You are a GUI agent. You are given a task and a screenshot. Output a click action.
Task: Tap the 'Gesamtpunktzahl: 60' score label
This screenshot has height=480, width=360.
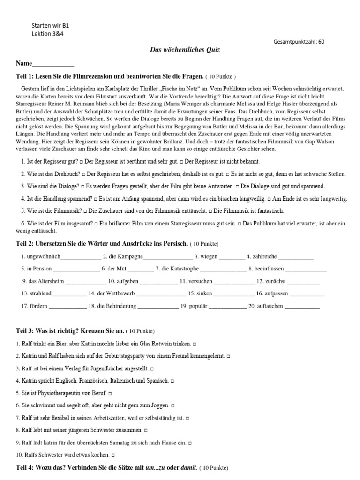click(299, 42)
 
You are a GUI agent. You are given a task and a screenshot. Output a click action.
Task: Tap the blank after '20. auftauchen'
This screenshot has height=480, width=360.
click(302, 306)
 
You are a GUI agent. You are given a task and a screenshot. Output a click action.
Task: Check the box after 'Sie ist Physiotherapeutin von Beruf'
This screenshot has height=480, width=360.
click(110, 393)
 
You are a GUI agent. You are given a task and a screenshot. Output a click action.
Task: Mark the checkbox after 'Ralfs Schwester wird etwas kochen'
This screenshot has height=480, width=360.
click(113, 455)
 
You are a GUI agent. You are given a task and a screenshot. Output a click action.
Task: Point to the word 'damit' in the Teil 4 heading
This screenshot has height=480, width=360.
click(188, 468)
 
